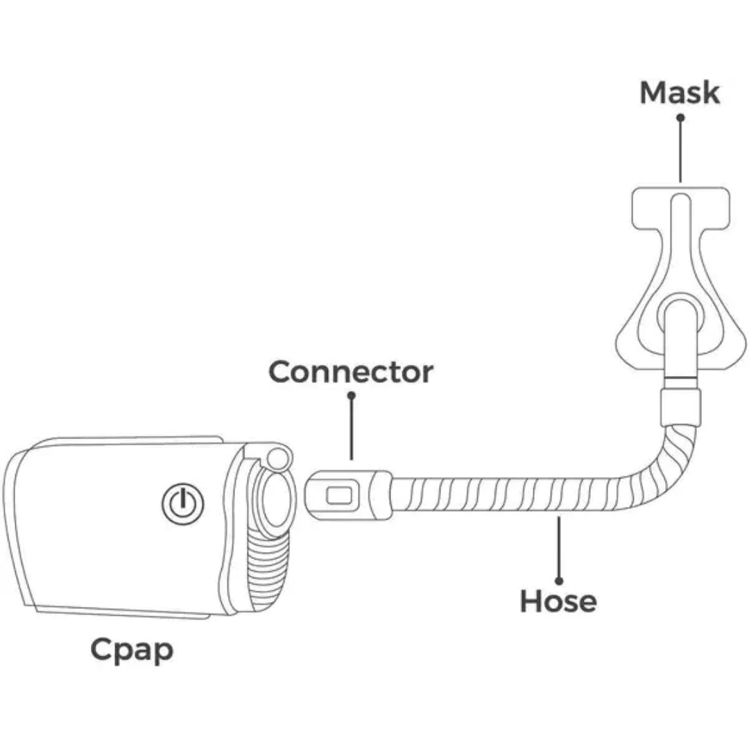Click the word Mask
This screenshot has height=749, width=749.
[x=679, y=93]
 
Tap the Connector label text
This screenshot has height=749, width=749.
[x=351, y=372]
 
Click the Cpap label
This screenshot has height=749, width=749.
[x=132, y=651]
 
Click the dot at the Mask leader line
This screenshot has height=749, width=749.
[x=681, y=117]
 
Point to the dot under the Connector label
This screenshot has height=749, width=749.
[x=352, y=395]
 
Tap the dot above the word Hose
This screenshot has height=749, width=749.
[x=559, y=581]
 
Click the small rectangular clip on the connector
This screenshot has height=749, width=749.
[x=339, y=495]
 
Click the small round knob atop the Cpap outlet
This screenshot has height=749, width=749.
[x=279, y=458]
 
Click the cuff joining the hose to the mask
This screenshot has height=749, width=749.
[x=680, y=407]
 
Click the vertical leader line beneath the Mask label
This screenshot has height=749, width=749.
[x=680, y=150]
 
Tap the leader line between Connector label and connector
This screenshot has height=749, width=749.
[x=352, y=427]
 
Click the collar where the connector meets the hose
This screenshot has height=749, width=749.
[x=381, y=495]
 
